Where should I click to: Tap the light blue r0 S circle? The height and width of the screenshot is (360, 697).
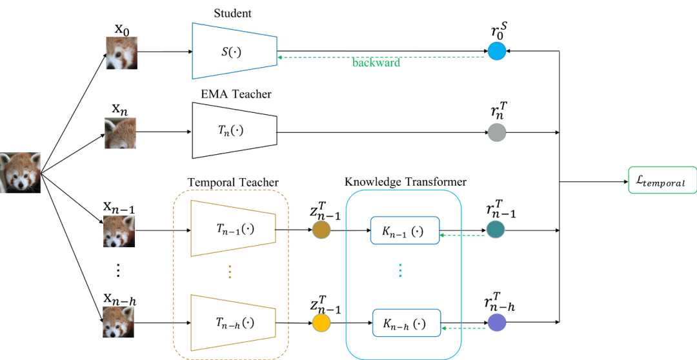pos(496,51)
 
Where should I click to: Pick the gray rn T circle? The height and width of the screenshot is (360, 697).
pos(496,133)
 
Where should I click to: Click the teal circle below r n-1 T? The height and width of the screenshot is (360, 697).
pos(496,230)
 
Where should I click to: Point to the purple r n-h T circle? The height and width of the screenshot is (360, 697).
pos(496,323)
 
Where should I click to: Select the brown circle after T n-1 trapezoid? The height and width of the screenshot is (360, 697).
pos(321,230)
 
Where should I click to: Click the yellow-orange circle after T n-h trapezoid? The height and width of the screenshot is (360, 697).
pos(321,323)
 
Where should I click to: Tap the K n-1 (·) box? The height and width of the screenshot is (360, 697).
pos(405,230)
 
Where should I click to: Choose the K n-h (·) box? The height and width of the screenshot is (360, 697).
pos(406,323)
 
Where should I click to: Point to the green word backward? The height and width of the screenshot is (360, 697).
pos(376,63)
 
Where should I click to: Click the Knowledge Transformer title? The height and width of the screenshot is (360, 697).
pos(405,182)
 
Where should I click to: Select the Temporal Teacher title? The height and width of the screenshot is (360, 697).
pos(232,182)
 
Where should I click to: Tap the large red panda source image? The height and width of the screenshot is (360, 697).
pos(20,173)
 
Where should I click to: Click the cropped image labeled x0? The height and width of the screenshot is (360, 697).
pos(121,52)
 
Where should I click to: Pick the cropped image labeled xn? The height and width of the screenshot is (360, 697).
pos(121,134)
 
